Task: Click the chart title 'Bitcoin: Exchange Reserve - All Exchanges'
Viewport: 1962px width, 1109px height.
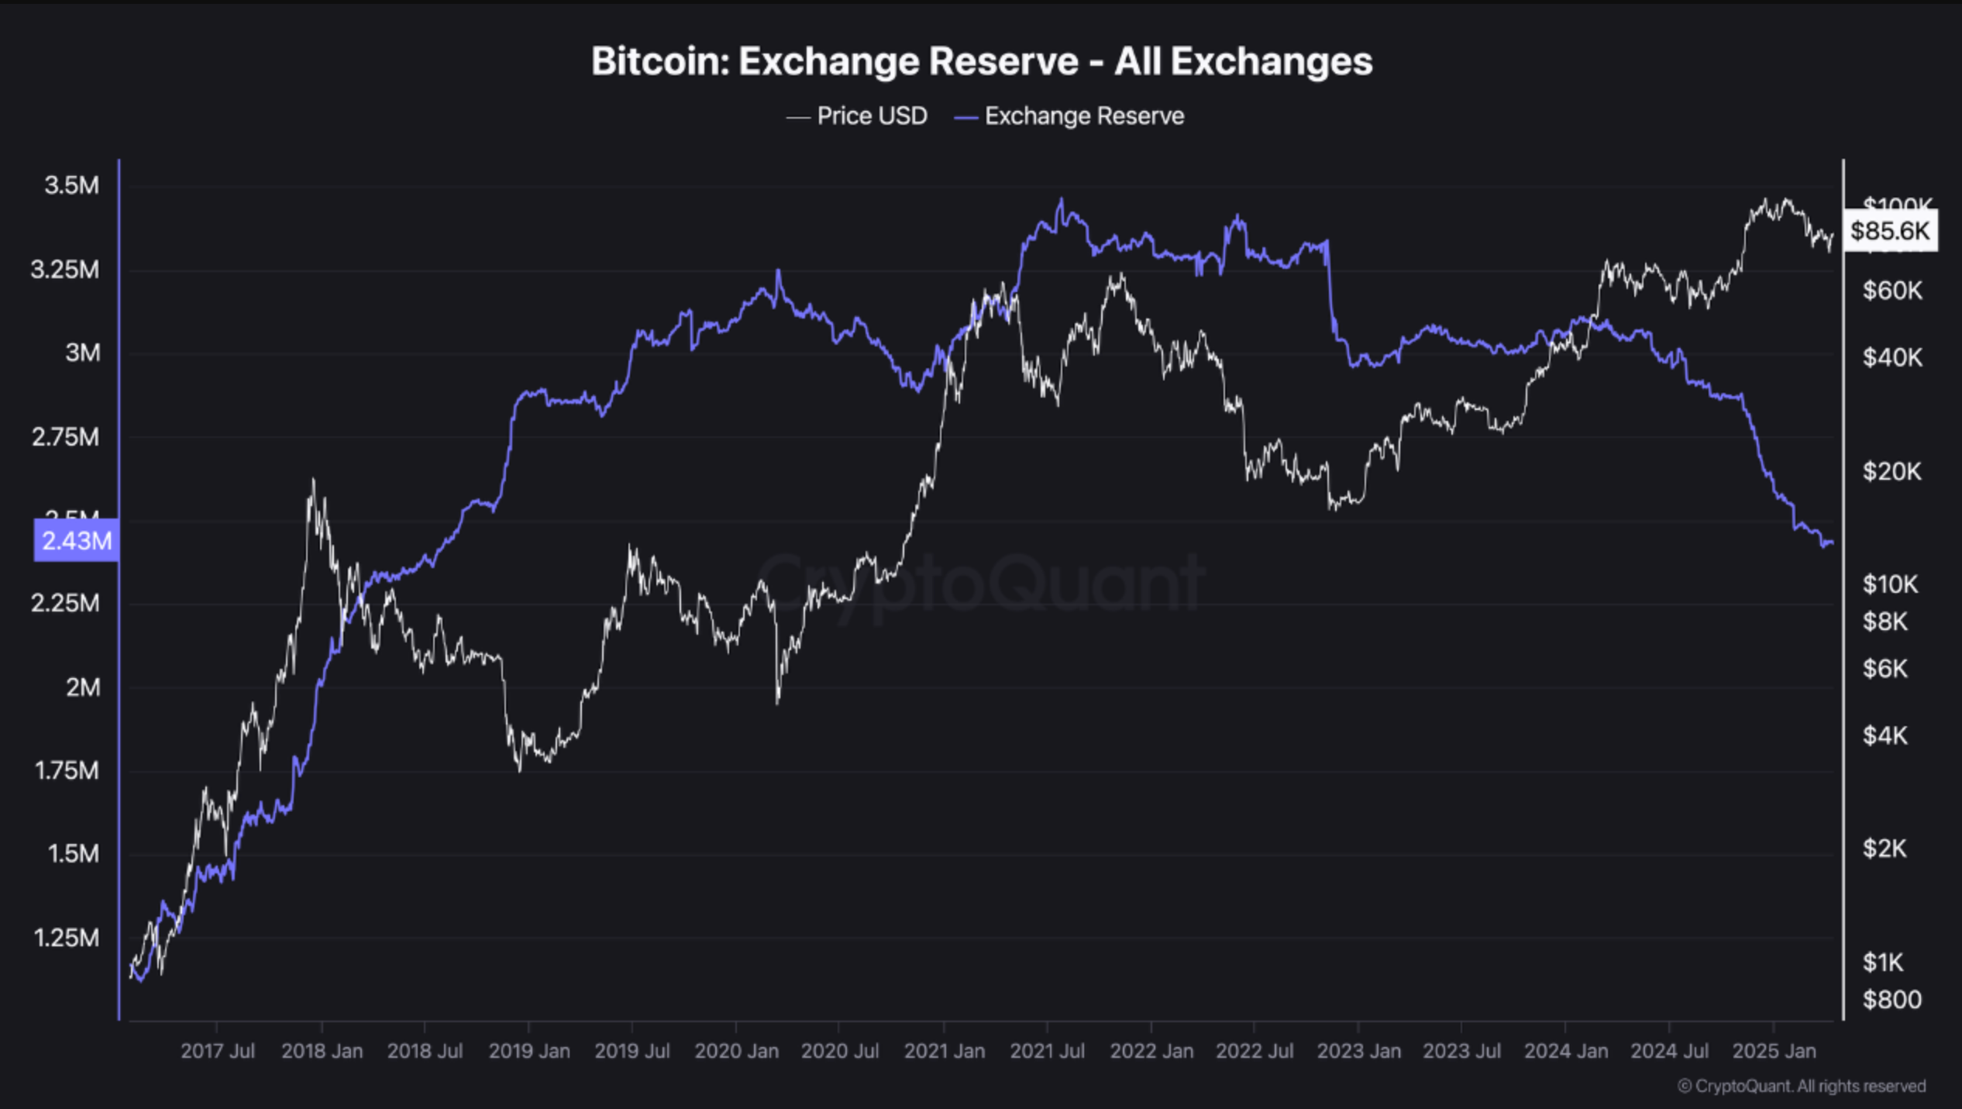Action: pos(981,61)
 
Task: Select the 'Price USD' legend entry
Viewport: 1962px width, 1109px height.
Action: pos(857,116)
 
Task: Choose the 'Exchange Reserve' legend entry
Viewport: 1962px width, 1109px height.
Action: pos(1069,116)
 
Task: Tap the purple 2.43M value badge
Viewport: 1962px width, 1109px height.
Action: pos(76,540)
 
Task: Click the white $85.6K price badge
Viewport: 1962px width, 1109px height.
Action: pos(1890,230)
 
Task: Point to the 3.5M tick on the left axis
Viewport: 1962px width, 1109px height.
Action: pos(71,185)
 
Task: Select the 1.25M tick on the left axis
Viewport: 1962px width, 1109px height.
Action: pos(67,938)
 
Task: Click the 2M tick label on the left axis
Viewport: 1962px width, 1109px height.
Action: pos(83,687)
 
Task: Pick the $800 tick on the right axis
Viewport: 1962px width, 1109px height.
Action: pos(1891,1000)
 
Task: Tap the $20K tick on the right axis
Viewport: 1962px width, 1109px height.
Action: pos(1891,471)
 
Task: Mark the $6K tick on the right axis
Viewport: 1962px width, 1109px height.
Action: pos(1885,668)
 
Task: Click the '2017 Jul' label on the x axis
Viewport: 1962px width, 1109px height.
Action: pos(217,1051)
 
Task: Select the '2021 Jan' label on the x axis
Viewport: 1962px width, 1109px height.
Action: pos(944,1051)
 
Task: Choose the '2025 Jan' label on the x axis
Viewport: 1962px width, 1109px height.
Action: pos(1773,1051)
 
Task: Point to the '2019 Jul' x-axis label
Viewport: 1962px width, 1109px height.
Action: pos(632,1051)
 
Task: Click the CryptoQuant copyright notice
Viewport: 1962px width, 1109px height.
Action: pos(1801,1086)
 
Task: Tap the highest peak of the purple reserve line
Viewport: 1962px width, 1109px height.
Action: pos(1061,199)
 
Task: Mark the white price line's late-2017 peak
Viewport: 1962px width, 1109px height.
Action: pos(313,480)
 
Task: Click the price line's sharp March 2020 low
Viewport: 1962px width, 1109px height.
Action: pos(777,701)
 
